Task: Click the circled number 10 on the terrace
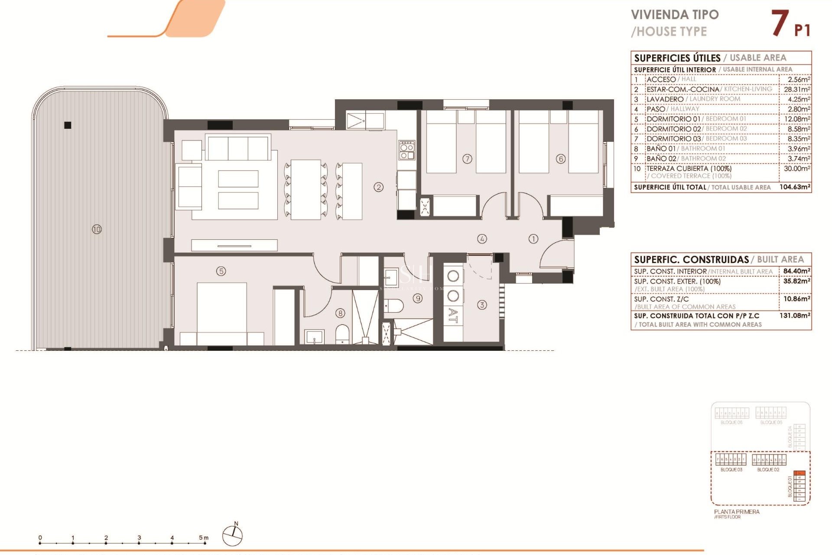point(97,229)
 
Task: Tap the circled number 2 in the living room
point(379,187)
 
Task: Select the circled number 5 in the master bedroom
point(221,271)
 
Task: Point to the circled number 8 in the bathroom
point(341,313)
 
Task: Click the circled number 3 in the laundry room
point(482,305)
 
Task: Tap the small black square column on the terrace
point(68,125)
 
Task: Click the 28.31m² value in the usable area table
point(796,89)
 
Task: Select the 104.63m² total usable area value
point(795,187)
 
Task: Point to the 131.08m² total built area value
point(795,316)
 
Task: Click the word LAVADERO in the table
point(665,99)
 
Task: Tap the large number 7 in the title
point(779,23)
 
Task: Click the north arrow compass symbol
point(233,535)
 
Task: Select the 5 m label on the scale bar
point(204,538)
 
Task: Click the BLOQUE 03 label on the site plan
point(731,470)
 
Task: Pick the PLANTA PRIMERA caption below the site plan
point(737,512)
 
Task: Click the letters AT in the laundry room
point(453,315)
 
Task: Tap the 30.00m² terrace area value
point(796,169)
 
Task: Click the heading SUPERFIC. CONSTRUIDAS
point(691,260)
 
